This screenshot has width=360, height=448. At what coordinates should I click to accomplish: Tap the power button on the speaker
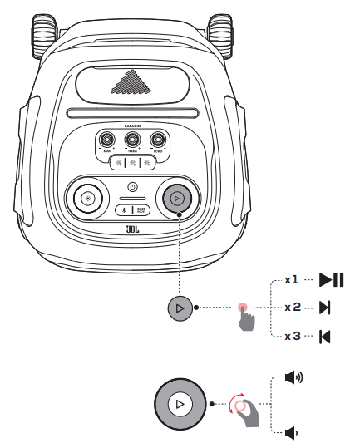pyautogui.click(x=131, y=186)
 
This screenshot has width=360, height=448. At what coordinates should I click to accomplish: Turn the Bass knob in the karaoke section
pyautogui.click(x=106, y=140)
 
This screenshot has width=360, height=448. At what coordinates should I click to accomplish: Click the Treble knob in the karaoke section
pyautogui.click(x=131, y=140)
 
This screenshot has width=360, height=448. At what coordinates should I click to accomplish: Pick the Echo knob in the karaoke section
pyautogui.click(x=156, y=140)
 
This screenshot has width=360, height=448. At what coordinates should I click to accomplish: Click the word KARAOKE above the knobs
pyautogui.click(x=131, y=126)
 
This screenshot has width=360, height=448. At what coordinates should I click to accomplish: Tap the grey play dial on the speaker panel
pyautogui.click(x=176, y=198)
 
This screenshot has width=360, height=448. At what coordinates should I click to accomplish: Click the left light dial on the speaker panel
pyautogui.click(x=86, y=198)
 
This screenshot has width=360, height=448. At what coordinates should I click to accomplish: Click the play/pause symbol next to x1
pyautogui.click(x=331, y=280)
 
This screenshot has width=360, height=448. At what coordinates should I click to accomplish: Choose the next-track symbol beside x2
pyautogui.click(x=324, y=308)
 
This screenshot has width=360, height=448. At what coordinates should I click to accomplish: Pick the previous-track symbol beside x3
pyautogui.click(x=324, y=336)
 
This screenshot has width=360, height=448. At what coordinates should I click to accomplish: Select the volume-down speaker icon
pyautogui.click(x=291, y=432)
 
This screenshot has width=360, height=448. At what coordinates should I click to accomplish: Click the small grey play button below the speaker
pyautogui.click(x=180, y=308)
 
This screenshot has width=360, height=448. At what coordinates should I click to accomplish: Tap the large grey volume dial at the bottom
pyautogui.click(x=180, y=406)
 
